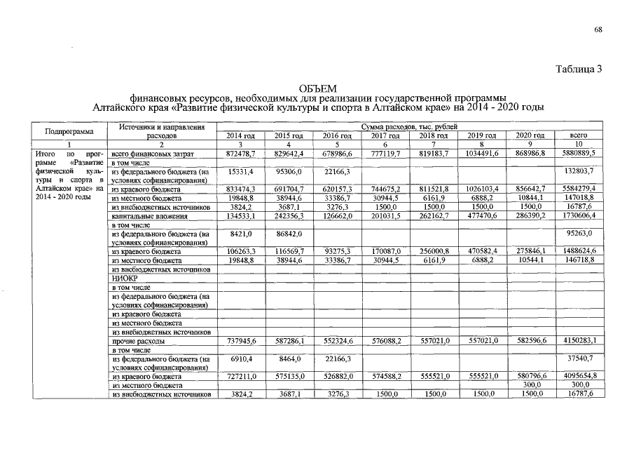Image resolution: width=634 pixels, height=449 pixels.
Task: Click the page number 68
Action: point(598,29)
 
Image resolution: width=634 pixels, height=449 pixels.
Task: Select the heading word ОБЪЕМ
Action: point(317,89)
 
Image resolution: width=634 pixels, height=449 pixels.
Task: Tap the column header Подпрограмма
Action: point(69,131)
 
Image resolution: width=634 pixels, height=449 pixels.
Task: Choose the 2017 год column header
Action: point(385,135)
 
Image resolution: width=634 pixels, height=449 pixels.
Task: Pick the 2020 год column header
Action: point(530,135)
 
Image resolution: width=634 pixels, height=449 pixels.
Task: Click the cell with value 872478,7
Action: point(240,153)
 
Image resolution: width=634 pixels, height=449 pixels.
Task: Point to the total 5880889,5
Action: point(578,153)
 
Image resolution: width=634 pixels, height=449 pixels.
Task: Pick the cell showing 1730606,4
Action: point(578,217)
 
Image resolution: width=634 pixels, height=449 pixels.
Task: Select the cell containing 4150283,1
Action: point(578,341)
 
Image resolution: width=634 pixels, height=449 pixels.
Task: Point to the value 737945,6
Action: point(240,341)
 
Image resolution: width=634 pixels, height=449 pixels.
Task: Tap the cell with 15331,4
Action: point(240,171)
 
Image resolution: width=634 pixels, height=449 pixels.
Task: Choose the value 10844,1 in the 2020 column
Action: point(530,199)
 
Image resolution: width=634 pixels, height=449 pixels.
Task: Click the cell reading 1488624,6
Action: point(578,251)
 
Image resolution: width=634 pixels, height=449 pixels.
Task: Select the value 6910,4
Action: point(240,358)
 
